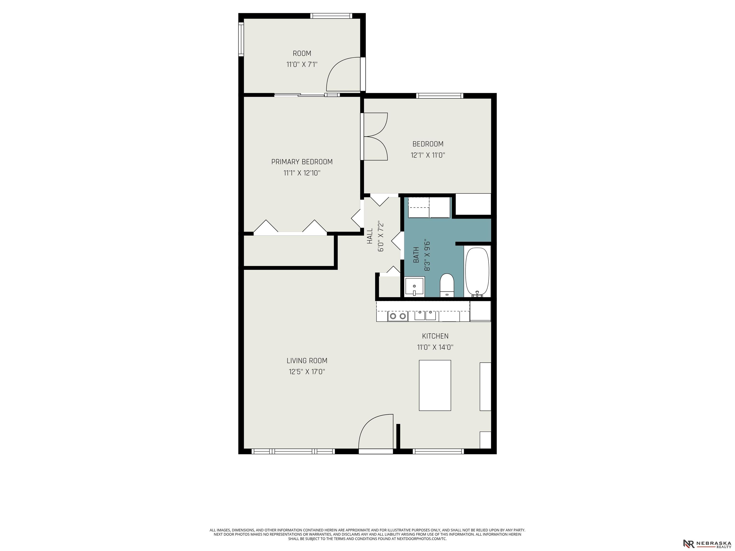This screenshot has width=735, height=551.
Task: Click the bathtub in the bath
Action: click(x=477, y=272)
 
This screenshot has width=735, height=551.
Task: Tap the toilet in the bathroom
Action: click(x=447, y=285)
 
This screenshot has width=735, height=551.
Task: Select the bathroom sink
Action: click(x=414, y=287)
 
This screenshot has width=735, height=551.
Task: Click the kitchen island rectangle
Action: click(x=435, y=385)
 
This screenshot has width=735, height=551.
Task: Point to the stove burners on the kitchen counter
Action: click(x=398, y=316)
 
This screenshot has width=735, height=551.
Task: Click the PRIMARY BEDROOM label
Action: click(x=302, y=162)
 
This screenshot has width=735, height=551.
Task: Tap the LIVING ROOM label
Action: click(x=307, y=361)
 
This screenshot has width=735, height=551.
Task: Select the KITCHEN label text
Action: click(x=435, y=336)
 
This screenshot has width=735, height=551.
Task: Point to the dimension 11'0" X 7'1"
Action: click(x=302, y=64)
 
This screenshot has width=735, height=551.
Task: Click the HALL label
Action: click(x=370, y=236)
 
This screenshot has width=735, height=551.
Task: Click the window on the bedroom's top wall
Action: click(x=440, y=96)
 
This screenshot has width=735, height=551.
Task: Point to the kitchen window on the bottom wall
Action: click(x=438, y=451)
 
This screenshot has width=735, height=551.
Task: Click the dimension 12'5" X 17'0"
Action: click(x=307, y=372)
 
